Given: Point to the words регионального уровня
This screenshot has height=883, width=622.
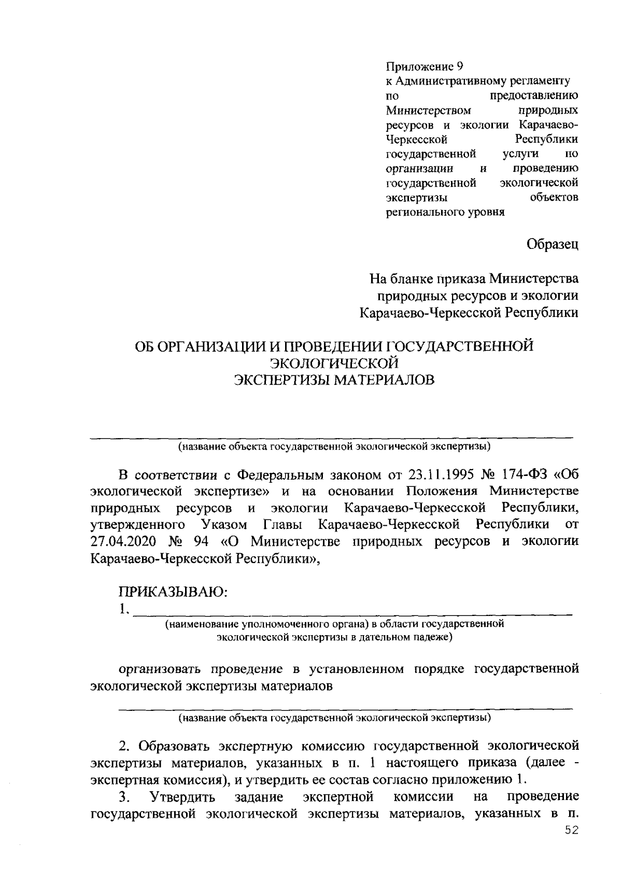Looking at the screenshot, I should click(445, 212).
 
